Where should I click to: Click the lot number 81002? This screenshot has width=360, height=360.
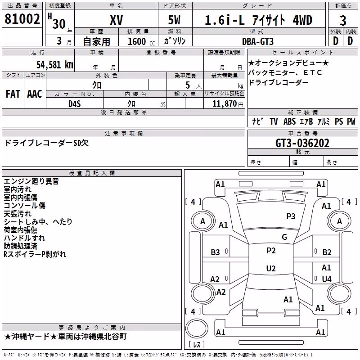pos(22,19)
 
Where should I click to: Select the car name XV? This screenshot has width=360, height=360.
pos(117,20)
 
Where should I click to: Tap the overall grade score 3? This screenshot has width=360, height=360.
pos(343,20)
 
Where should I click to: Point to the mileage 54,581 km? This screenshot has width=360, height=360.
pos(55,65)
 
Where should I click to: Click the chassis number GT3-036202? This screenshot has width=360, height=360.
pos(302,143)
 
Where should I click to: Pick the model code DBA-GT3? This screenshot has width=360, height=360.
pos(258,41)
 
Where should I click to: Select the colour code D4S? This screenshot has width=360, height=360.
pos(75,104)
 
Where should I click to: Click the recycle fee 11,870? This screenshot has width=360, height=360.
pos(224,104)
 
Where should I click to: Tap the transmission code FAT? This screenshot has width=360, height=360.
pos(13,94)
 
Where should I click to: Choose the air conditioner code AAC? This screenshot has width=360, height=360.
pos(35,94)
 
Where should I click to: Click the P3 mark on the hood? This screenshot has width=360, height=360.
pos(291,216)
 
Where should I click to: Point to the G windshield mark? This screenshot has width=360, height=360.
pos(284,237)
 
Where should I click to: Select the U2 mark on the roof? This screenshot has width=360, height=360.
pos(271,268)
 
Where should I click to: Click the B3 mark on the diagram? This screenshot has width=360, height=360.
pos(215,252)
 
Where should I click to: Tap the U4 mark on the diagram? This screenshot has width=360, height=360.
pos(327,279)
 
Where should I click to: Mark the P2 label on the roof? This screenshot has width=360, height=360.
pos(271,251)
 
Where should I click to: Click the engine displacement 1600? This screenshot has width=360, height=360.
pos(137,41)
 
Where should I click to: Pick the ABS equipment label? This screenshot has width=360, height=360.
pos(289,121)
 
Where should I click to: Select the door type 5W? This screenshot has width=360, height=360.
pos(174,20)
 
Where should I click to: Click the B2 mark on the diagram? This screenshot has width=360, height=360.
pos(327,252)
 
